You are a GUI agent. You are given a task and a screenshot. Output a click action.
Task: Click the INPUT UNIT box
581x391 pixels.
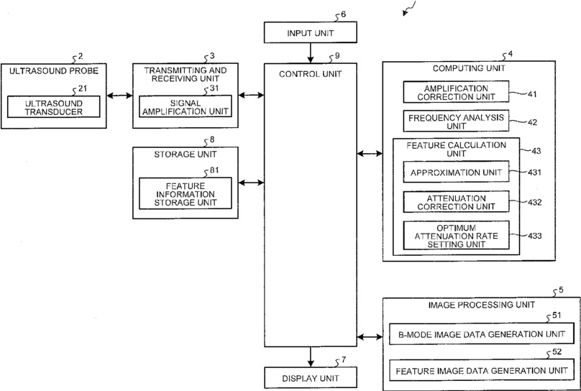311,32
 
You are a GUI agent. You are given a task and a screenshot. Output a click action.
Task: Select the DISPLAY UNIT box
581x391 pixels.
311,377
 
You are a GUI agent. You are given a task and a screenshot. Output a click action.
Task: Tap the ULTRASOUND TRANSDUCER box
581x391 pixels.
54,107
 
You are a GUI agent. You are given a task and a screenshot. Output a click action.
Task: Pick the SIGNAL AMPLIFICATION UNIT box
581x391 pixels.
186,106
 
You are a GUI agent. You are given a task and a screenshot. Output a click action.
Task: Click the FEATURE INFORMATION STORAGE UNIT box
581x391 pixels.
186,193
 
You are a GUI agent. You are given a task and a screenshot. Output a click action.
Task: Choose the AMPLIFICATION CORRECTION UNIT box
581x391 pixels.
456,92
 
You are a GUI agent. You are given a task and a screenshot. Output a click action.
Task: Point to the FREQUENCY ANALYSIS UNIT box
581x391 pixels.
456,121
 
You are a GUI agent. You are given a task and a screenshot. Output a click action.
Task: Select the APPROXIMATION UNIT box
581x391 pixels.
456,172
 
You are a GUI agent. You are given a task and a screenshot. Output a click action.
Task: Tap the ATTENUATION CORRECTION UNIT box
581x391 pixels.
456,202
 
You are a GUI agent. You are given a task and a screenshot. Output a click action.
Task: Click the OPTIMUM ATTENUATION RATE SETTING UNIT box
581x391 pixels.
456,236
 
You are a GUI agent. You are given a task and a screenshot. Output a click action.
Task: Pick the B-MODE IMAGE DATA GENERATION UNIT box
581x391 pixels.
481,334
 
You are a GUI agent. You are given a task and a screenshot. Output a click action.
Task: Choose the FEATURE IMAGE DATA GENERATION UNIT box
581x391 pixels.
481,370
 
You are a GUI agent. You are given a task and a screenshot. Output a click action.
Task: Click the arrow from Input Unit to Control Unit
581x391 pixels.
311,53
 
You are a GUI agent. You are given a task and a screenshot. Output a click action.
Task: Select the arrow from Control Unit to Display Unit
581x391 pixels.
311,357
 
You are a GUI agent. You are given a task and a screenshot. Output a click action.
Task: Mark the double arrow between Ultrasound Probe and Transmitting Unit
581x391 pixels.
119,96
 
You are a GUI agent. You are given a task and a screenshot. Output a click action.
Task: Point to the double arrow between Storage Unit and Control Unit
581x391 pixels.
251,183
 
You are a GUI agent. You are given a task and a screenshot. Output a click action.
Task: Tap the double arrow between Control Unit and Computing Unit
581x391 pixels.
370,153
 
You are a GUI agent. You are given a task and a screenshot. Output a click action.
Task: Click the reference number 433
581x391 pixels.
535,236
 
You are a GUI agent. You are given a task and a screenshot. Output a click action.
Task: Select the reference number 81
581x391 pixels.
214,170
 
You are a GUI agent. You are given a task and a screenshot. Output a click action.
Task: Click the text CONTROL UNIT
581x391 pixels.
311,74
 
